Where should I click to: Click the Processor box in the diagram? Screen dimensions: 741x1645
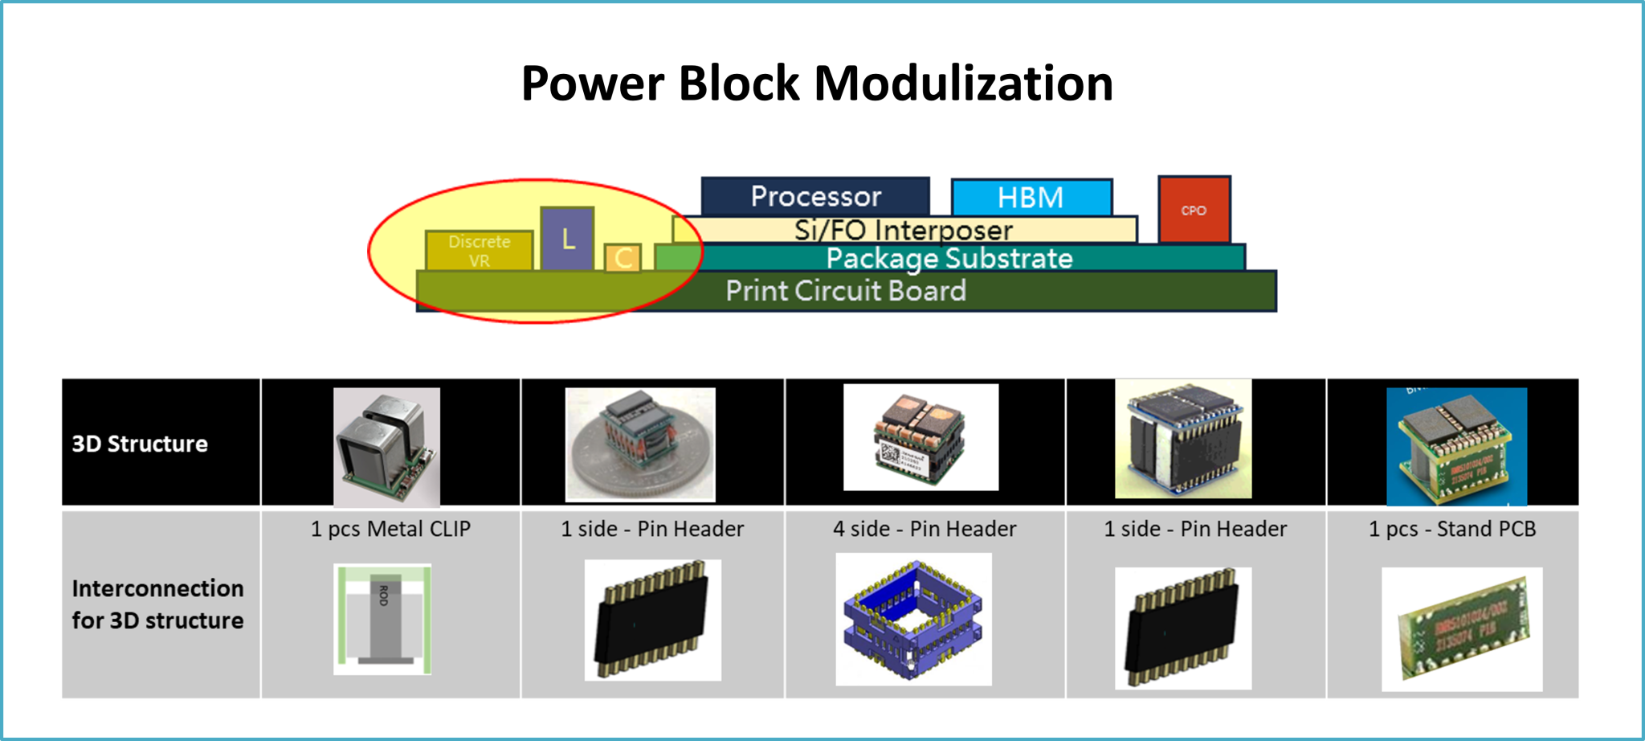815,196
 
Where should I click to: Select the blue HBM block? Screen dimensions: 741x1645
1031,198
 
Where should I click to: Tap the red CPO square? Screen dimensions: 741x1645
1194,210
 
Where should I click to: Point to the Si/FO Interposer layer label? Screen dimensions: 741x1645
903,231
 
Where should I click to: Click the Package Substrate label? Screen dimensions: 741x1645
949,258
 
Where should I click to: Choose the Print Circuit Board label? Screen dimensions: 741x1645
845,291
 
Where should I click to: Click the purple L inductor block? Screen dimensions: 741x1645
568,239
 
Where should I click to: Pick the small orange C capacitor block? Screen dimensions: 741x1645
622,258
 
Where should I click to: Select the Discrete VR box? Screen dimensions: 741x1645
479,251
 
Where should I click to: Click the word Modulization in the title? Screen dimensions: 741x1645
963,83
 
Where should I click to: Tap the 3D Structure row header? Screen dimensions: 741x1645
140,444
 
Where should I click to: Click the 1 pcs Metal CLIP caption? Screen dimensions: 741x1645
390,529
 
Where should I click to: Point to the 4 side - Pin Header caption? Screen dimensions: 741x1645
925,529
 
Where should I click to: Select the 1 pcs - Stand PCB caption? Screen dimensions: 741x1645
1452,529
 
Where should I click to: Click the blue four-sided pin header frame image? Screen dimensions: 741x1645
913,619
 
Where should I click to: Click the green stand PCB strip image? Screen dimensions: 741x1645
1462,628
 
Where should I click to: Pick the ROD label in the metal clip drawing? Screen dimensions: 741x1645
384,596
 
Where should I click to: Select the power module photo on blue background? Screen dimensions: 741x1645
1456,446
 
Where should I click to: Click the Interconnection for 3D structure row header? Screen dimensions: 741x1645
157,604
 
